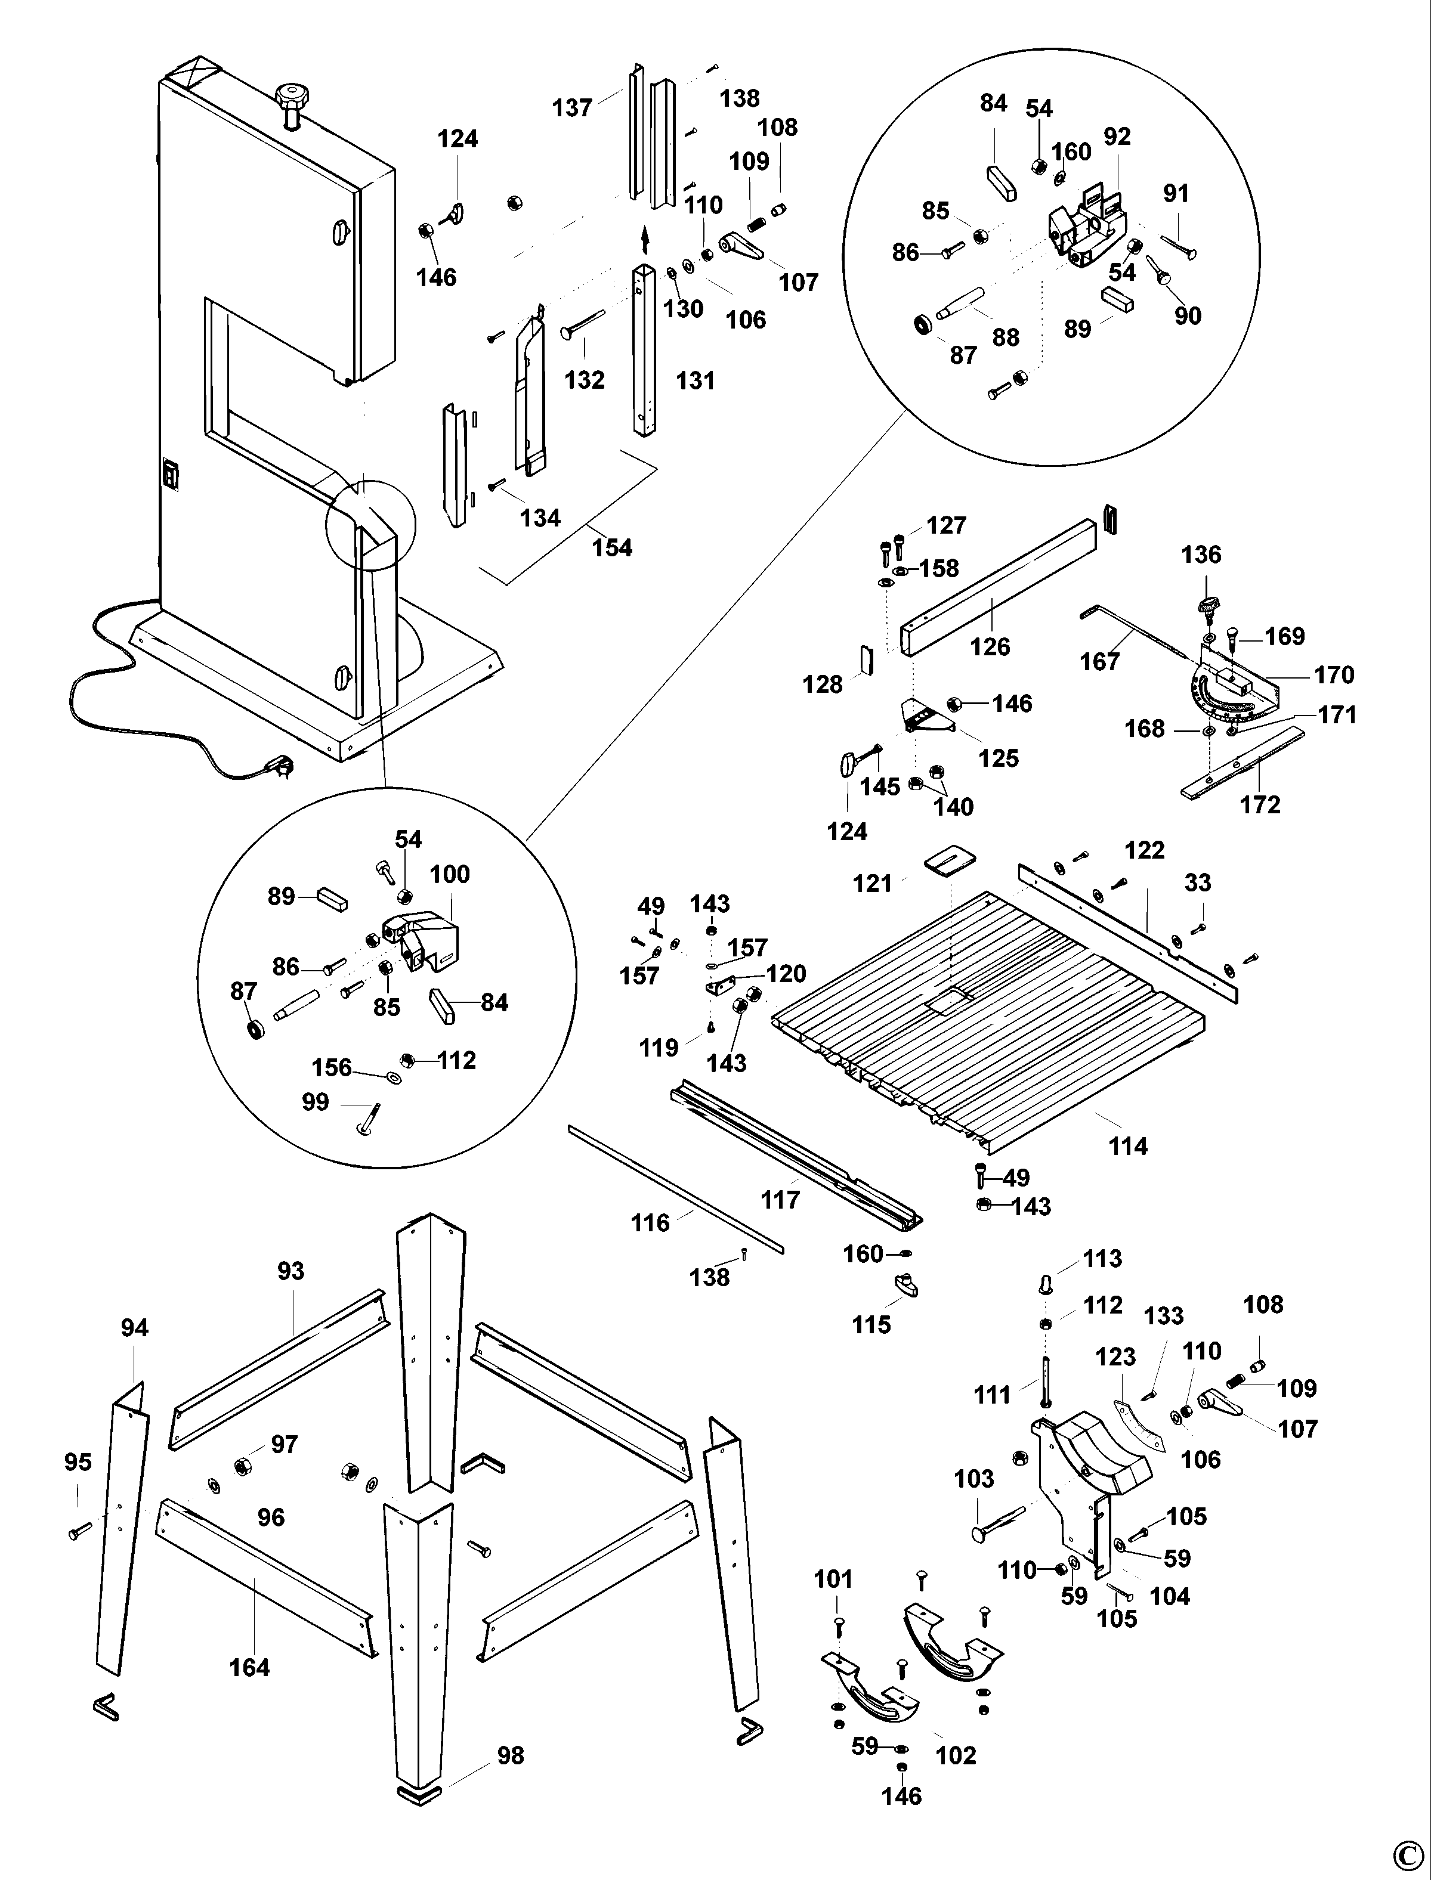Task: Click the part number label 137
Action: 571,108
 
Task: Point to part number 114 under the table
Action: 1128,1146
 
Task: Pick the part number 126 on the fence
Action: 990,646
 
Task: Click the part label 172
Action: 1260,804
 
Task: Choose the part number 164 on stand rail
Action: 249,1667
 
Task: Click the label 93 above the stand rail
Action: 290,1271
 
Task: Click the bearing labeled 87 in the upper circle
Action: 922,324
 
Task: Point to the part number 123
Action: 1116,1356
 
